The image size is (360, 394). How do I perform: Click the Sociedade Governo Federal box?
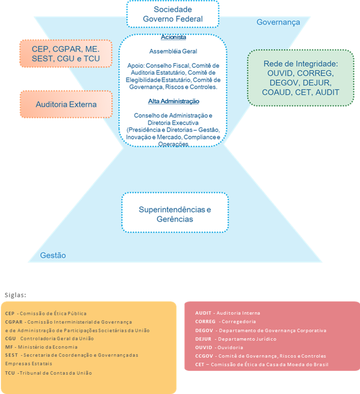click(172, 14)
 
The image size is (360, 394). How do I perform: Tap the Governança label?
click(278, 22)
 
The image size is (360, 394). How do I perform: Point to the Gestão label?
click(53, 255)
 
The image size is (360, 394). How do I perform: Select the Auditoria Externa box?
click(66, 104)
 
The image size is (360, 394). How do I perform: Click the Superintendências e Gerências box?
click(175, 214)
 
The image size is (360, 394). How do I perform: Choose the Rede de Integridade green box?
click(301, 78)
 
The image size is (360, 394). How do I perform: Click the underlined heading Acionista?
click(173, 37)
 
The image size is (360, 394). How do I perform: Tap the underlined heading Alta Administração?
click(173, 101)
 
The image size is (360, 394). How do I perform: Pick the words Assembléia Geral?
click(173, 51)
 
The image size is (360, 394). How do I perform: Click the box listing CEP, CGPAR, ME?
click(66, 54)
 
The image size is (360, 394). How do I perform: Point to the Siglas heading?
click(15, 295)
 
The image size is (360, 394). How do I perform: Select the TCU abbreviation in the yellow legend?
click(10, 373)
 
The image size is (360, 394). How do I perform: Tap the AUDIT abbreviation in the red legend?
click(203, 313)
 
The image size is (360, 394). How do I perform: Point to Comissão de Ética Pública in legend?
click(53, 313)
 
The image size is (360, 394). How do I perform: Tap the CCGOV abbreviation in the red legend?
click(204, 356)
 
